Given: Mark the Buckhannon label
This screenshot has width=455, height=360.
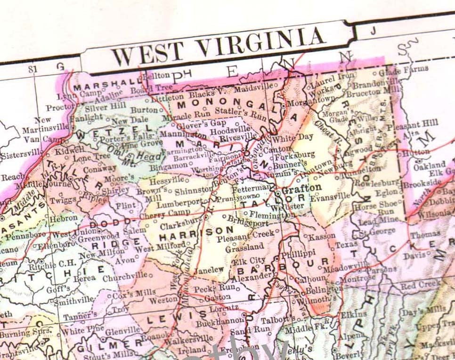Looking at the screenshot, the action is coord(217,324).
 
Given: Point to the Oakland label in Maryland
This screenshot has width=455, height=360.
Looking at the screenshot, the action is coord(430,165).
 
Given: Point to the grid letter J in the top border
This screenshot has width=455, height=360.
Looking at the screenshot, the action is coord(374,32).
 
